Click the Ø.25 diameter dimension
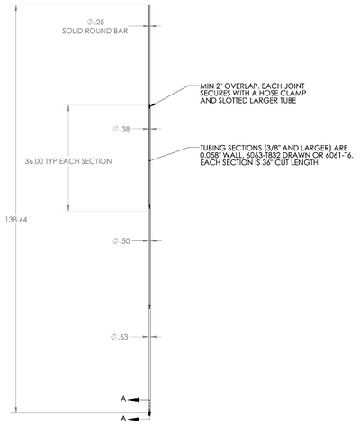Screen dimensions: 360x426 point(96,22)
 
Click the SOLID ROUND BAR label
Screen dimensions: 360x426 point(95,32)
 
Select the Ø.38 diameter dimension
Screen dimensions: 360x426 point(121,130)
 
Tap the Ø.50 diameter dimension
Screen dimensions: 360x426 point(121,241)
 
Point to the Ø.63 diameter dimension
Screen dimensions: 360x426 point(120,337)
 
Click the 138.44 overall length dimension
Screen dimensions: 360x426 point(16,220)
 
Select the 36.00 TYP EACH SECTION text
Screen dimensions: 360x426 point(68,161)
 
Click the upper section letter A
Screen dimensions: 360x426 point(123,399)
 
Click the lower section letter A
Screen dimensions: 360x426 point(123,418)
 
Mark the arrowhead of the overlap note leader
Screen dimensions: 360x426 point(152,105)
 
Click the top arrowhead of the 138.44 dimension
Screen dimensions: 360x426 point(16,8)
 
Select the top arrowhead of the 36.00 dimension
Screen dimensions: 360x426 point(68,108)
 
